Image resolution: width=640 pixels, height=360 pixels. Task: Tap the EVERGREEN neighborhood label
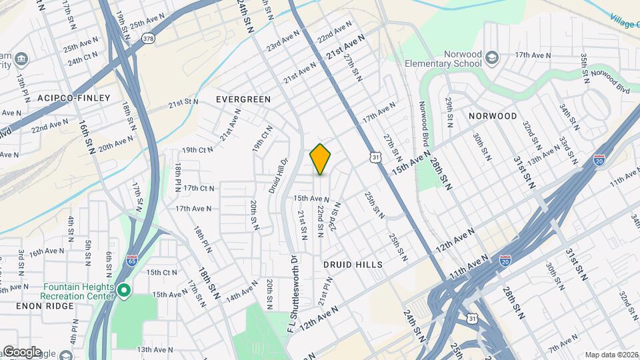click(243, 99)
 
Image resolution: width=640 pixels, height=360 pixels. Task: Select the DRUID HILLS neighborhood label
click(353, 265)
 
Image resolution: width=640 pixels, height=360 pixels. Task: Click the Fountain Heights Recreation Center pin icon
click(124, 291)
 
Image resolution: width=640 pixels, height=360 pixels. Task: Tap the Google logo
click(22, 352)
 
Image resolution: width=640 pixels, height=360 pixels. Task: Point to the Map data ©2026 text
click(611, 355)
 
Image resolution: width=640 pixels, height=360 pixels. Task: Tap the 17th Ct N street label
click(199, 188)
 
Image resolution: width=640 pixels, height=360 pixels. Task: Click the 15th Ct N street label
click(162, 272)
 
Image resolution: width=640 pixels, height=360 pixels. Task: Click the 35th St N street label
click(584, 67)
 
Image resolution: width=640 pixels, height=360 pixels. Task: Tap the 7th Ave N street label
click(564, 344)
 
